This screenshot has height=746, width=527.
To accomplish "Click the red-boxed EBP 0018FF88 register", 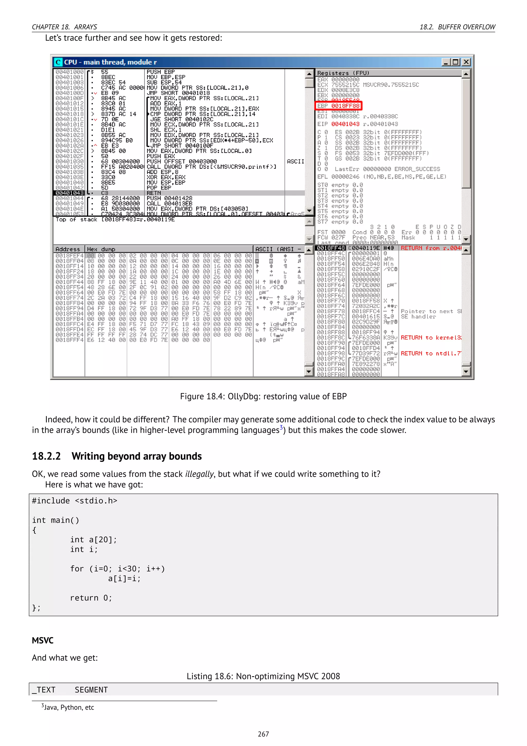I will (x=338, y=106).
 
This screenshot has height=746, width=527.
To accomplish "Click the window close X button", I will (x=466, y=62).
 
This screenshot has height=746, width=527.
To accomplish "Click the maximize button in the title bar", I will (x=456, y=62).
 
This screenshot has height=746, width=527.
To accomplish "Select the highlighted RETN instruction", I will (x=154, y=193).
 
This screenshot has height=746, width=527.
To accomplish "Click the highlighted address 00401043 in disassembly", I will (x=69, y=193).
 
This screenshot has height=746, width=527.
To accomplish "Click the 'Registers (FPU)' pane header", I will (x=343, y=73).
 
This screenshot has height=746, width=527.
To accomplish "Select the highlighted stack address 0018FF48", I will (x=331, y=248).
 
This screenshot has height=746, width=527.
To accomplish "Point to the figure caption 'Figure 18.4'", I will (x=263, y=396).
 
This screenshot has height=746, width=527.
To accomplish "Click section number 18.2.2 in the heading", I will (x=46, y=456).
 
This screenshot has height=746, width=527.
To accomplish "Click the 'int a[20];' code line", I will (x=93, y=540).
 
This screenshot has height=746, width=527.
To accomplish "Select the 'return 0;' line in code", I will (x=91, y=598).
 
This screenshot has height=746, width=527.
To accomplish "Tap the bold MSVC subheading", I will (x=42, y=640).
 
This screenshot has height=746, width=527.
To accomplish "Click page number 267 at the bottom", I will (x=263, y=734).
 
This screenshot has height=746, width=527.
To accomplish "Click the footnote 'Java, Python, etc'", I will (x=68, y=707).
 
